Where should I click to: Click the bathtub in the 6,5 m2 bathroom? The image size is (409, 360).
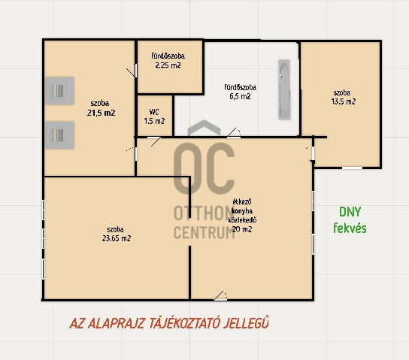click(x=284, y=89)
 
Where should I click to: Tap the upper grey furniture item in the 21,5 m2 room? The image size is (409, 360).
click(x=59, y=91)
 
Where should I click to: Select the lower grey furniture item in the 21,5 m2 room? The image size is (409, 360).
click(x=59, y=135)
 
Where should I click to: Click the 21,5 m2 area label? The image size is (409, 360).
click(x=101, y=113)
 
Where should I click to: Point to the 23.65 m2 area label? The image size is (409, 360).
click(x=117, y=238)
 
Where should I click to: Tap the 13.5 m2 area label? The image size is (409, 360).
click(x=344, y=101)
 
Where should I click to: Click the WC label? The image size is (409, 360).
click(x=154, y=112)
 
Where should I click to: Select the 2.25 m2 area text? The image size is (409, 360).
click(x=168, y=65)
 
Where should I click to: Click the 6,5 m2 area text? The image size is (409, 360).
click(x=241, y=96)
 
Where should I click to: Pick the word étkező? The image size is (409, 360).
click(x=242, y=201)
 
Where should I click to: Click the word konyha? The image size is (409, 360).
click(x=242, y=211)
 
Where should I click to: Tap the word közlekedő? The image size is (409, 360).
click(x=242, y=220)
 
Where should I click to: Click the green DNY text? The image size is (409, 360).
click(x=350, y=212)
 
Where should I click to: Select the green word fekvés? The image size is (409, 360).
click(x=350, y=228)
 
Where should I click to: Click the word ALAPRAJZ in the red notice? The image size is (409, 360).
click(x=116, y=323)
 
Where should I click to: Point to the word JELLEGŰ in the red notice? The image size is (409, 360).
click(x=246, y=322)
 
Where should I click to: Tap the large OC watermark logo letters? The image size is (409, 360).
click(x=204, y=168)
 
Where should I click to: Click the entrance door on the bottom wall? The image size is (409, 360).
click(x=221, y=296)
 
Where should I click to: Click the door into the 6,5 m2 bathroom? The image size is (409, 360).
click(x=234, y=133)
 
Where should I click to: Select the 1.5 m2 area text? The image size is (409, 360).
click(x=154, y=121)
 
